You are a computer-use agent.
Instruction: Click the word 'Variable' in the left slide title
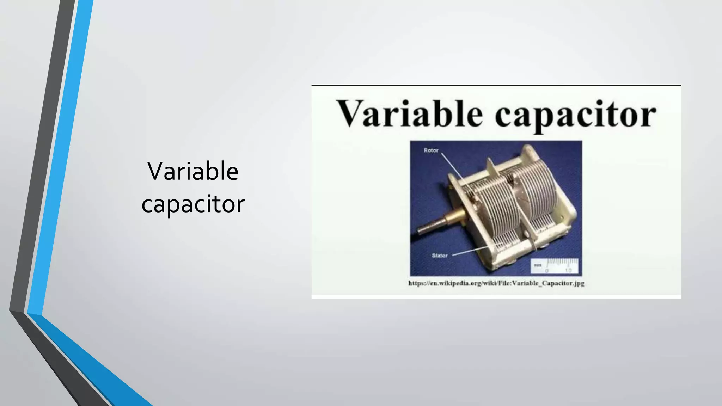click(x=193, y=172)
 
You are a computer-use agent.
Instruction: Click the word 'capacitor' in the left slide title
click(x=193, y=204)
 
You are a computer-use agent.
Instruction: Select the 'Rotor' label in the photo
click(x=431, y=150)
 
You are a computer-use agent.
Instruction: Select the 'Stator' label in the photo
click(x=440, y=256)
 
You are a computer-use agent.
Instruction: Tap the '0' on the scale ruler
click(x=547, y=270)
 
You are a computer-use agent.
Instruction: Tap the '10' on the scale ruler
click(x=568, y=270)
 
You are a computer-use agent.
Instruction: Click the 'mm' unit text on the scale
click(x=538, y=265)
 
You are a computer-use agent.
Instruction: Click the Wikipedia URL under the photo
click(x=496, y=283)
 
